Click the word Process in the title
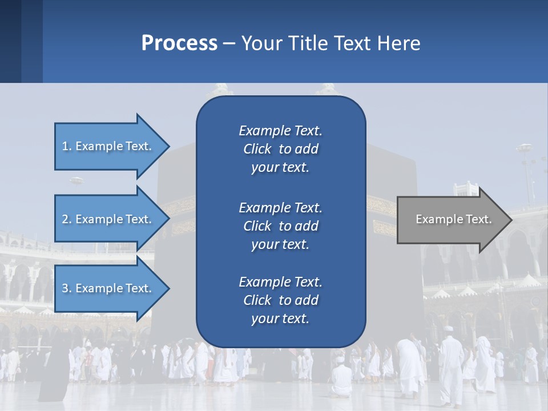click(x=179, y=43)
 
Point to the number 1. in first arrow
click(x=67, y=146)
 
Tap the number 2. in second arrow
click(x=67, y=219)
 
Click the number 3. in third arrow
click(x=67, y=288)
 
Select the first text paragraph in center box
click(x=281, y=149)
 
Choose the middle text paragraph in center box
click(x=281, y=226)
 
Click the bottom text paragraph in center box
click(x=281, y=300)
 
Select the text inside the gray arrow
click(x=453, y=219)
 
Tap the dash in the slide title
click(x=229, y=43)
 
